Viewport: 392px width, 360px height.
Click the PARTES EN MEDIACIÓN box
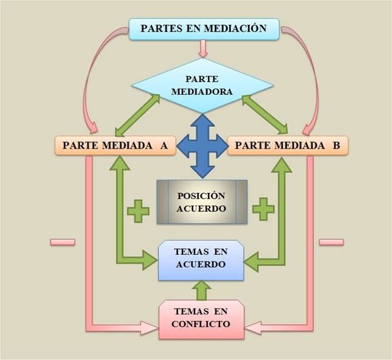[204, 29]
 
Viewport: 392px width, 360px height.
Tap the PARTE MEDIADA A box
[115, 146]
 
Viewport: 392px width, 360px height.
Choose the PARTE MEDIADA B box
[287, 146]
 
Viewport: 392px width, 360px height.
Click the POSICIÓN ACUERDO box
[202, 202]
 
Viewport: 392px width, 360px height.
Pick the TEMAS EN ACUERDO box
[201, 260]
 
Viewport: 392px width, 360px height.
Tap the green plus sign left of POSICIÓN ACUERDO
[138, 209]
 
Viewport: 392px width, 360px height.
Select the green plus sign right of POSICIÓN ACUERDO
[264, 208]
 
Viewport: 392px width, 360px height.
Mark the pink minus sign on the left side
[62, 242]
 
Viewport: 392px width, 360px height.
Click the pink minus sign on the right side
[331, 242]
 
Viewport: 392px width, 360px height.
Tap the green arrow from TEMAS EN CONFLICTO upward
[203, 290]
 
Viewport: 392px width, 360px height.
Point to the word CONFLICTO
[201, 324]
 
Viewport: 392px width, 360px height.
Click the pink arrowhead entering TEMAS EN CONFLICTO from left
[149, 328]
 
